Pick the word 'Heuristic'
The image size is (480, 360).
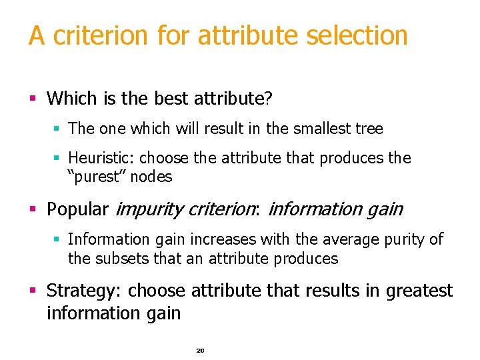coord(100,158)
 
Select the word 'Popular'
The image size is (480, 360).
coord(77,209)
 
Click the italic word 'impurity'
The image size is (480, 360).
coord(147,209)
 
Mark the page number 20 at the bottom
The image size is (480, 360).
coord(200,350)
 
